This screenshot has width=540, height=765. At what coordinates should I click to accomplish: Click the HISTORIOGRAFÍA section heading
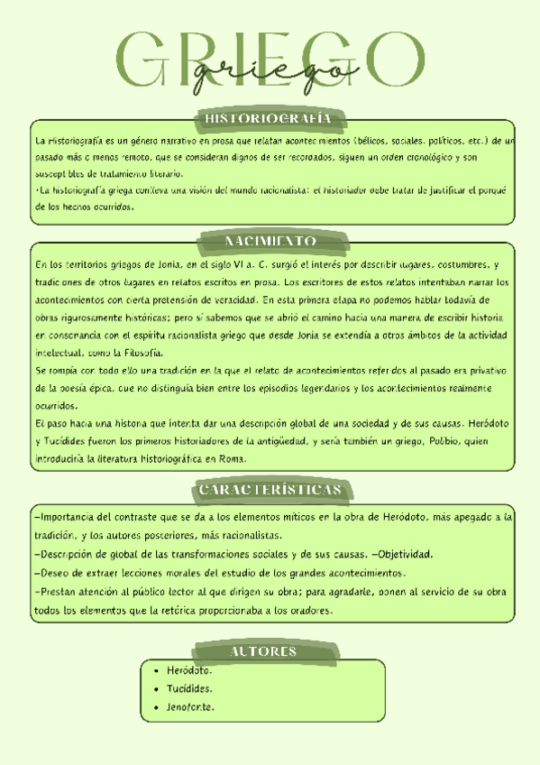coord(269,119)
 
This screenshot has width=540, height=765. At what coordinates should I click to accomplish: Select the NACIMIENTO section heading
coord(270,241)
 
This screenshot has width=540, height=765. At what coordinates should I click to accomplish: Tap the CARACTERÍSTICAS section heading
coord(270,489)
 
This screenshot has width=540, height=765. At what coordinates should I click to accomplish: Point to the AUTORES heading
coord(263,651)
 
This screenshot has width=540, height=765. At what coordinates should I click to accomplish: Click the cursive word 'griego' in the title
coord(270,72)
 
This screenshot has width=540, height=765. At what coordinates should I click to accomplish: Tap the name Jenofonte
coord(190,706)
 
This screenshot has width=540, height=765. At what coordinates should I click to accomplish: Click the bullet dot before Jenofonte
coord(157,706)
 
